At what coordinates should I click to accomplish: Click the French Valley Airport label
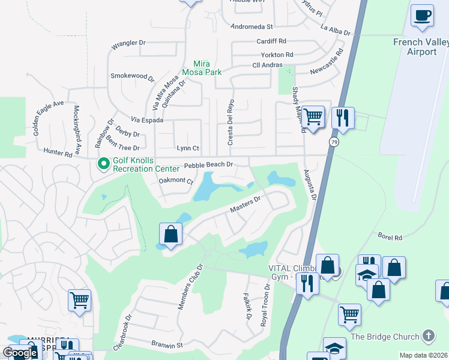click(420, 47)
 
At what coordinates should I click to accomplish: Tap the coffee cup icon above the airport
click(423, 15)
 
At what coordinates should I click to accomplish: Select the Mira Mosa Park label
click(207, 68)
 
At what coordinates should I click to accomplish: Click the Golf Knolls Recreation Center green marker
click(103, 163)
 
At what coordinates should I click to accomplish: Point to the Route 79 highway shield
click(333, 141)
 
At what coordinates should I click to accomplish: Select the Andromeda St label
click(252, 27)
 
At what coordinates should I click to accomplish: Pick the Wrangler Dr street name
click(128, 43)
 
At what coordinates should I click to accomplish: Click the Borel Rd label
click(390, 238)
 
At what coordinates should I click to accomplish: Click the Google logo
click(20, 352)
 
